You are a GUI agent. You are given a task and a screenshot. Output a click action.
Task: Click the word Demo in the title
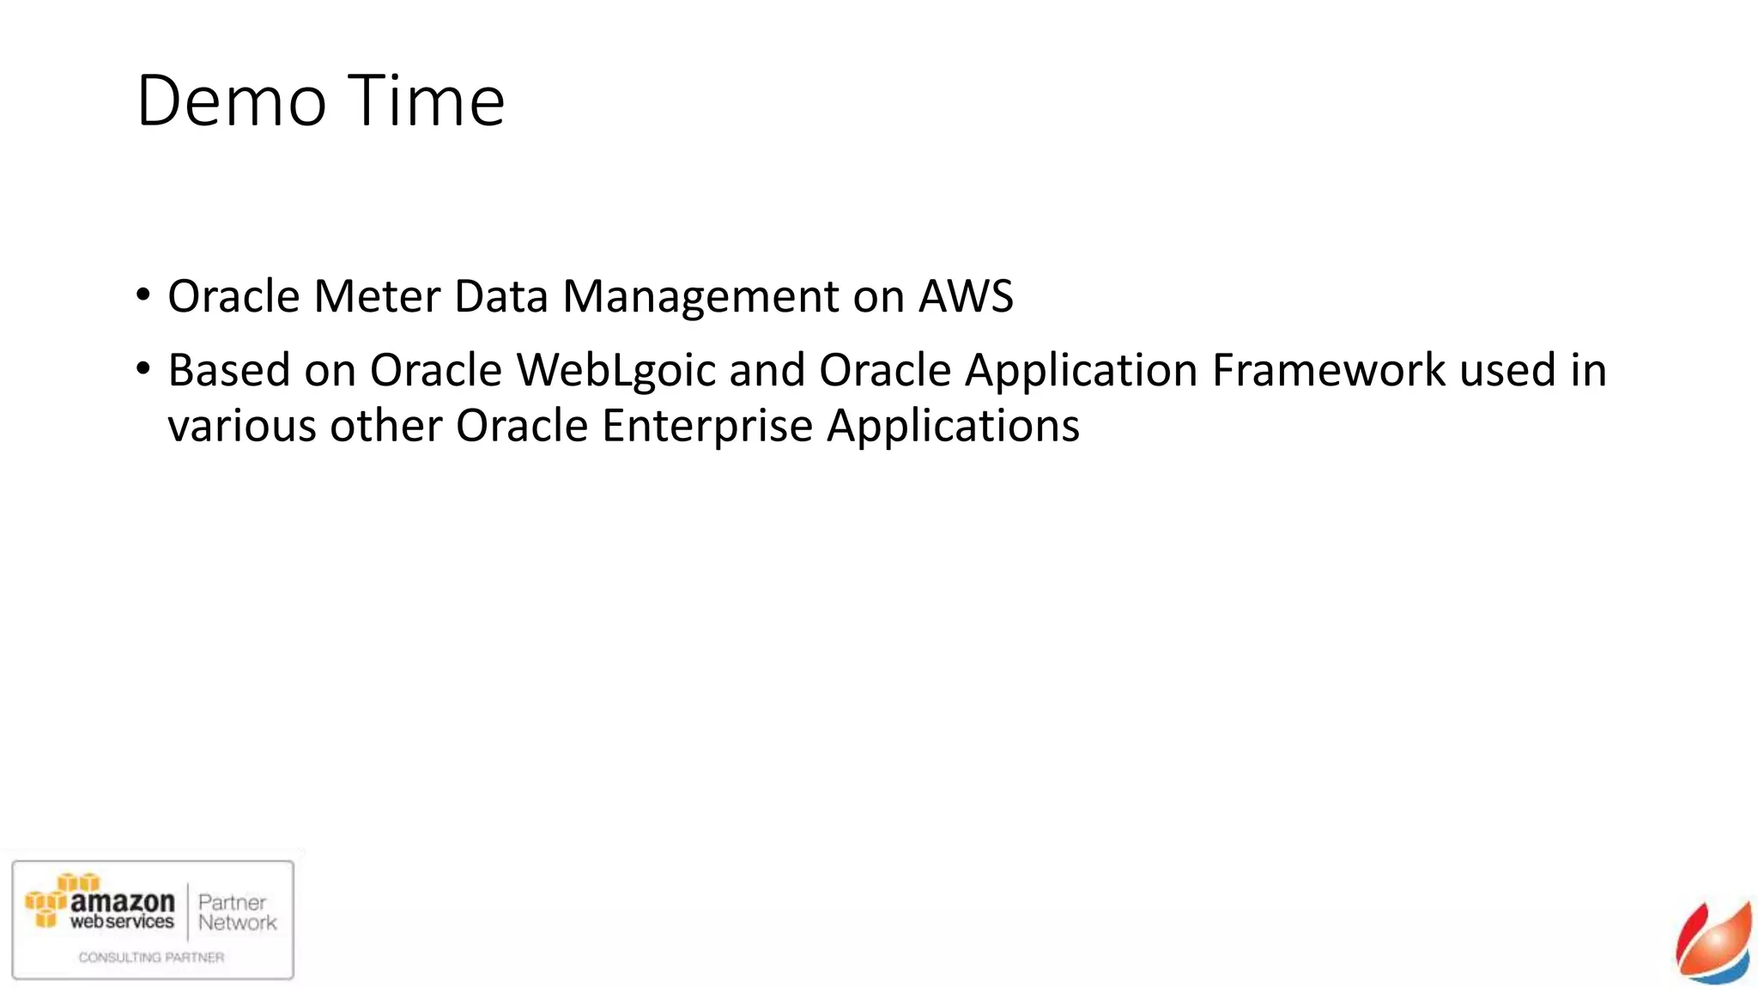[231, 101]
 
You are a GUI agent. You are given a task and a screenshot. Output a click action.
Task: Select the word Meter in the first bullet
[377, 296]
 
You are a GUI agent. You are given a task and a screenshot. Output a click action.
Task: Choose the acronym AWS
[966, 296]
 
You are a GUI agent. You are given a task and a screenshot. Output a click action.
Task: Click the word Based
[229, 370]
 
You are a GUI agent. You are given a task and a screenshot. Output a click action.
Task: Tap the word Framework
[1328, 370]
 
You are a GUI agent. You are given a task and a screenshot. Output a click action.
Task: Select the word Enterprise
[706, 427]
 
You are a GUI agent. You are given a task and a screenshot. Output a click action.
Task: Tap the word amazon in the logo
[122, 901]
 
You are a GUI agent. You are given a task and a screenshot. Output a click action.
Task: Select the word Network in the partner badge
[237, 923]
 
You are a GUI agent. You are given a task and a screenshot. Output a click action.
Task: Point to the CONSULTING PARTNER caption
[151, 957]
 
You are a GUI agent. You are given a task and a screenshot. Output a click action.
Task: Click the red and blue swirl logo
[1714, 943]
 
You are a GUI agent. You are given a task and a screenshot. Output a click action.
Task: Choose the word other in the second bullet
[385, 427]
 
